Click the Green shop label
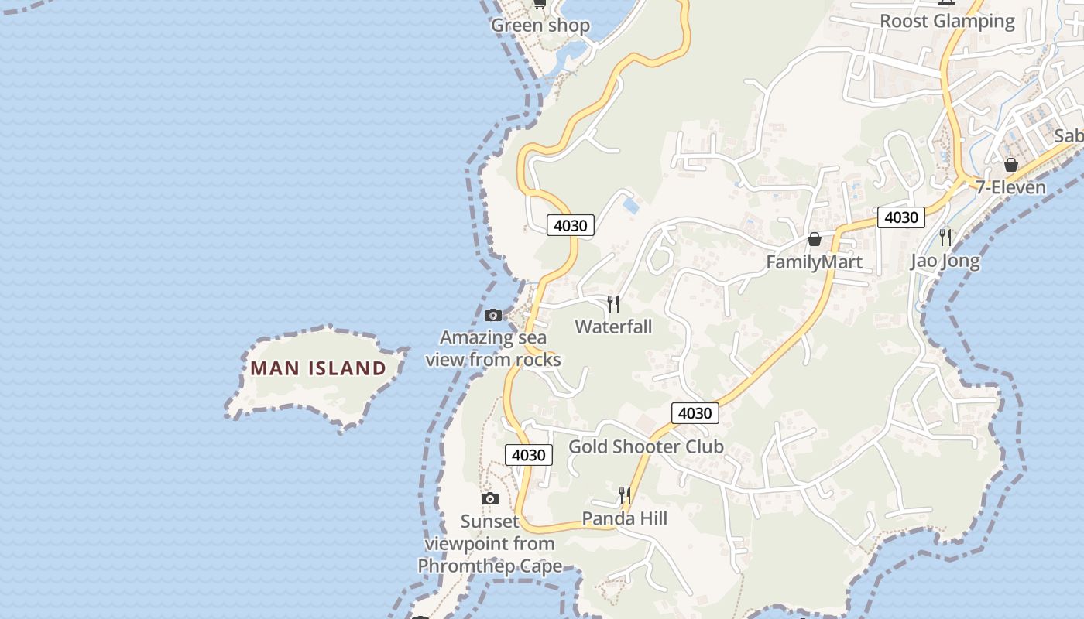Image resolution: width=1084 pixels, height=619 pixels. (x=540, y=26)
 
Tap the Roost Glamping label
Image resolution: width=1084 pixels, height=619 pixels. (x=947, y=21)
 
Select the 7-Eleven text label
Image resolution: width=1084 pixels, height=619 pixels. (x=1010, y=187)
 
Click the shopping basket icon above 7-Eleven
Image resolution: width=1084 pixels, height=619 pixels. (x=1010, y=165)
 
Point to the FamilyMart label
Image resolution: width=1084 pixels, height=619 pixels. (x=814, y=262)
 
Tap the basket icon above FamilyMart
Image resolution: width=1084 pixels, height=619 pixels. (x=814, y=239)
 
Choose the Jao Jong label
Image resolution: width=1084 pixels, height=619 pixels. (x=945, y=261)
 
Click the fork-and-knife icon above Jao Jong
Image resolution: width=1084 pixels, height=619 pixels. (x=945, y=237)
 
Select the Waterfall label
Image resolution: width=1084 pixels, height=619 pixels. (x=613, y=327)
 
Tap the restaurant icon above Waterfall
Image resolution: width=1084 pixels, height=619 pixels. (x=613, y=303)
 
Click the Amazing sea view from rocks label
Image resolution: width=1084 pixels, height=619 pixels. (x=493, y=348)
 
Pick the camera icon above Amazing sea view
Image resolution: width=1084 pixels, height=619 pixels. (x=493, y=315)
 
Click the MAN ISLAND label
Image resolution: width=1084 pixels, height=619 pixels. (x=318, y=368)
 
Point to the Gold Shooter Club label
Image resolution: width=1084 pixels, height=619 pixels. (x=646, y=446)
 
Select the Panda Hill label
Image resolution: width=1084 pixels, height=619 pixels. (x=624, y=518)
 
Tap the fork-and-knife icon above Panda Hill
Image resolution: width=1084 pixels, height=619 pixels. (x=624, y=495)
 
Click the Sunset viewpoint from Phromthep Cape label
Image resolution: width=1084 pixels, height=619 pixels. (x=490, y=544)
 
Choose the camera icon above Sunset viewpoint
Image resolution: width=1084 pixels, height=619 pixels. (x=490, y=498)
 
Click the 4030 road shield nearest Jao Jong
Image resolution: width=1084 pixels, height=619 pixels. (x=901, y=217)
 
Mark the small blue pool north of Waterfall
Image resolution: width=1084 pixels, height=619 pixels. (x=631, y=206)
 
